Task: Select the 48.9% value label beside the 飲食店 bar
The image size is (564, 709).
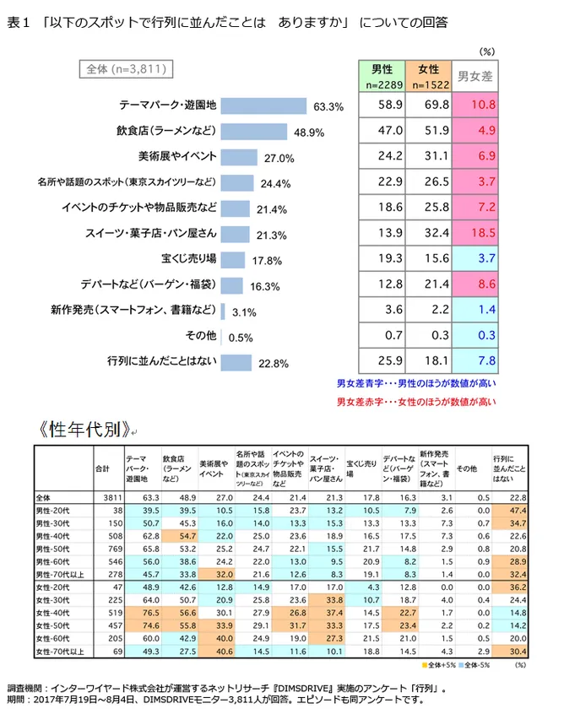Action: pyautogui.click(x=310, y=133)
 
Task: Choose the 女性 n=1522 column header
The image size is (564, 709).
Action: pyautogui.click(x=429, y=76)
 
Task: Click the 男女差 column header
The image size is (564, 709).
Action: pyautogui.click(x=475, y=77)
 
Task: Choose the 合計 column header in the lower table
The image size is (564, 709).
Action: pyautogui.click(x=103, y=468)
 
